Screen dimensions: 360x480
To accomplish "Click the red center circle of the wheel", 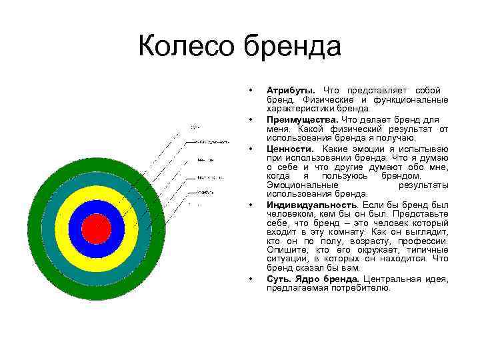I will (x=95, y=228).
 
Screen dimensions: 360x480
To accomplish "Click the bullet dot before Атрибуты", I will (x=250, y=89).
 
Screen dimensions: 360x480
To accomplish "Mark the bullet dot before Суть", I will (x=250, y=278).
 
